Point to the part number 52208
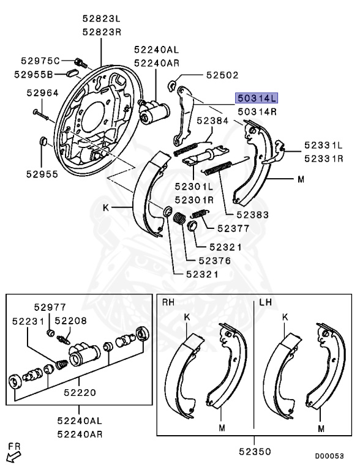pos(70,320)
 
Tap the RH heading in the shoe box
pos(168,302)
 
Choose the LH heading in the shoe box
pos(265,302)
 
